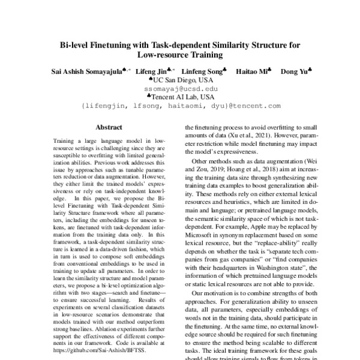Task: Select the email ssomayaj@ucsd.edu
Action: (179, 88)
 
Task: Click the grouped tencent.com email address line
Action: (179, 106)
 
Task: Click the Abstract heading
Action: (109, 127)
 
